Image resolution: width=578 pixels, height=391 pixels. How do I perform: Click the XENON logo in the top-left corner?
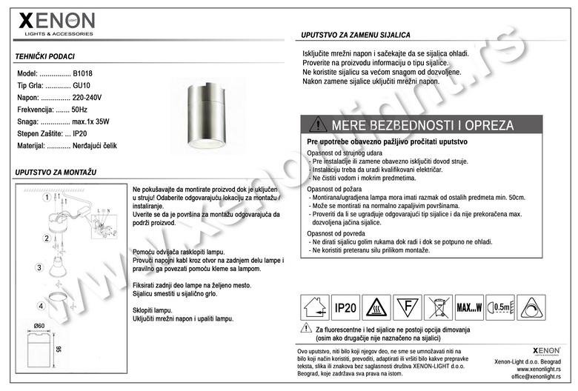[x=56, y=23]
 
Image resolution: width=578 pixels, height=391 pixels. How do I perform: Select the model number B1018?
[x=82, y=74]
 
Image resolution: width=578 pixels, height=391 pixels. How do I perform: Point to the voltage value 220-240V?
[x=87, y=98]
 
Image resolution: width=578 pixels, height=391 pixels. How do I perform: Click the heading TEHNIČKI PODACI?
[x=44, y=57]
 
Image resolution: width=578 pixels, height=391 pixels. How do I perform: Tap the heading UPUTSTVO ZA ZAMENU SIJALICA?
[x=356, y=36]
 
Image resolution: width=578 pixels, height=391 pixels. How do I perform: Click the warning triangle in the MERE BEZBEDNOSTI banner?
[x=317, y=124]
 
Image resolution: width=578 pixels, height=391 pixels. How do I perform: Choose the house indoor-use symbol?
[x=314, y=307]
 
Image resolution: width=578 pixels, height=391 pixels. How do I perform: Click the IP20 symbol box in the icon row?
[x=346, y=307]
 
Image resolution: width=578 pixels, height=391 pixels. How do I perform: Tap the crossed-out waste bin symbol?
[x=438, y=307]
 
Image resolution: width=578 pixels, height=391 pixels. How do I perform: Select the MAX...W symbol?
[x=469, y=307]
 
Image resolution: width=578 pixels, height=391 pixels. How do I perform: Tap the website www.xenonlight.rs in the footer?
[x=538, y=369]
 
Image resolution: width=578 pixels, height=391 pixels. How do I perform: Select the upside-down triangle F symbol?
[x=406, y=307]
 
